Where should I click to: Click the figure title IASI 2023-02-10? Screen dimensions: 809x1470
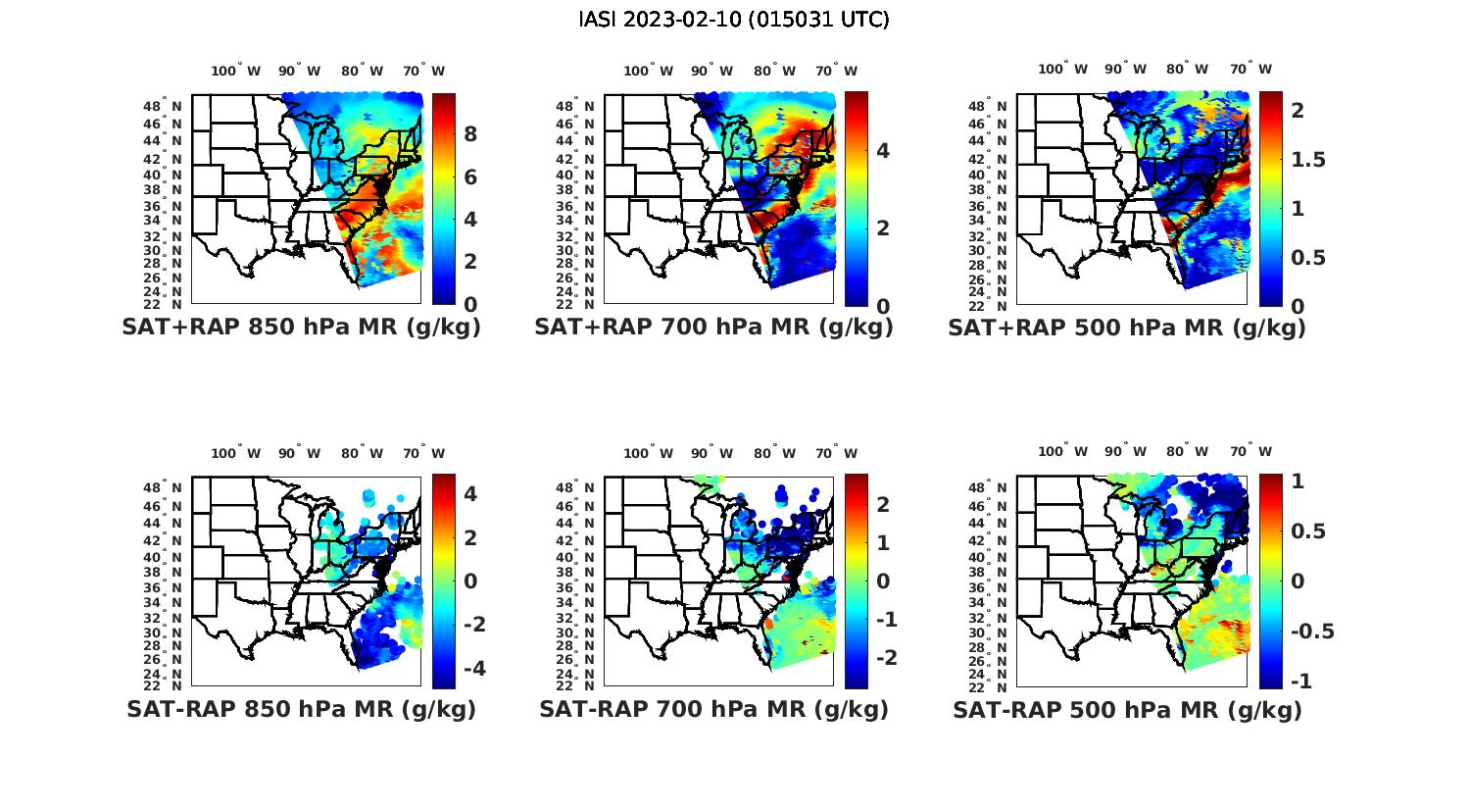(734, 20)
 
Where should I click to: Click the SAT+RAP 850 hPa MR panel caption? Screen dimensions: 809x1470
(301, 328)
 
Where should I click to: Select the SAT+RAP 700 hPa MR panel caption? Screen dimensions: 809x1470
(713, 328)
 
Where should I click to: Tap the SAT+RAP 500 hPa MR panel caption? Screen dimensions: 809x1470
(1126, 328)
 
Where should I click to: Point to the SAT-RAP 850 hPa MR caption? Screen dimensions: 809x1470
(301, 709)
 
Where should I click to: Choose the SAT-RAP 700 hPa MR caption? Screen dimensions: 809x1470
(713, 709)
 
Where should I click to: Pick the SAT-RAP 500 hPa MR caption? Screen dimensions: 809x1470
(1127, 710)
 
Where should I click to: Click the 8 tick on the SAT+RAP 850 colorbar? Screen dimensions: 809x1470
(470, 134)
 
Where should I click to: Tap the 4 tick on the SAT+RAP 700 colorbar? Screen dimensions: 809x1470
(883, 150)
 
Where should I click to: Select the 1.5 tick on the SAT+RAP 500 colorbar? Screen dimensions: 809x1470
(1307, 160)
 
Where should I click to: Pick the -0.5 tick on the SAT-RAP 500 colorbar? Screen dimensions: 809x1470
(1311, 631)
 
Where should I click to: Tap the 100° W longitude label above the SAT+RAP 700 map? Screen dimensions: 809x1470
(648, 71)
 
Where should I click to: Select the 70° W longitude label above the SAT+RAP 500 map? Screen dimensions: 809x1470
(1250, 69)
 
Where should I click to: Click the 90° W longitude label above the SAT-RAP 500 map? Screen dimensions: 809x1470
(1124, 452)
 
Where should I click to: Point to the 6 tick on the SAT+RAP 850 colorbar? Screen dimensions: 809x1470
(470, 177)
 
